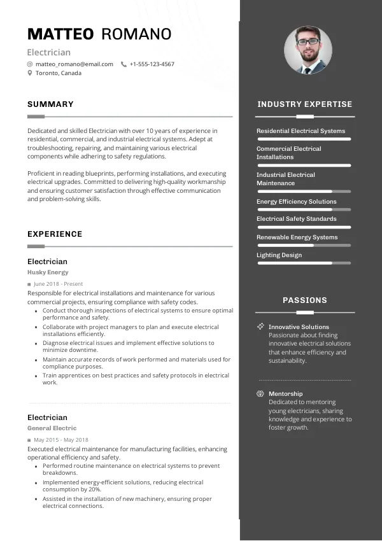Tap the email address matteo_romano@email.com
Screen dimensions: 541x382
pos(74,64)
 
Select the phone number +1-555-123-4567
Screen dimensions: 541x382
pos(152,64)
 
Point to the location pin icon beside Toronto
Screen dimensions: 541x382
pos(30,73)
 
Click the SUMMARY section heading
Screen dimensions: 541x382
pos(50,104)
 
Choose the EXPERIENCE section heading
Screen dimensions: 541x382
pos(55,234)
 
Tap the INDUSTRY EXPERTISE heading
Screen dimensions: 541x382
pos(304,104)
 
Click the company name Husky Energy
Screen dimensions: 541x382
pos(48,272)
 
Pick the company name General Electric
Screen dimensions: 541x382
pos(52,428)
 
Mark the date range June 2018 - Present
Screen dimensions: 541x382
pos(58,284)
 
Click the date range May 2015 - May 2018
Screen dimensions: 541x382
pos(61,440)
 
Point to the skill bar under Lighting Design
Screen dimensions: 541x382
pos(304,263)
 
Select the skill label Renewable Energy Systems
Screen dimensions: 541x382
pos(297,237)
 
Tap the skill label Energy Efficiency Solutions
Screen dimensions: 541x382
pos(296,202)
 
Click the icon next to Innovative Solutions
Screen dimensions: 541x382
pos(260,327)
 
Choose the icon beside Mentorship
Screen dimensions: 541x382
pos(260,394)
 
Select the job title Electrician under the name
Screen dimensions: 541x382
pos(49,52)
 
